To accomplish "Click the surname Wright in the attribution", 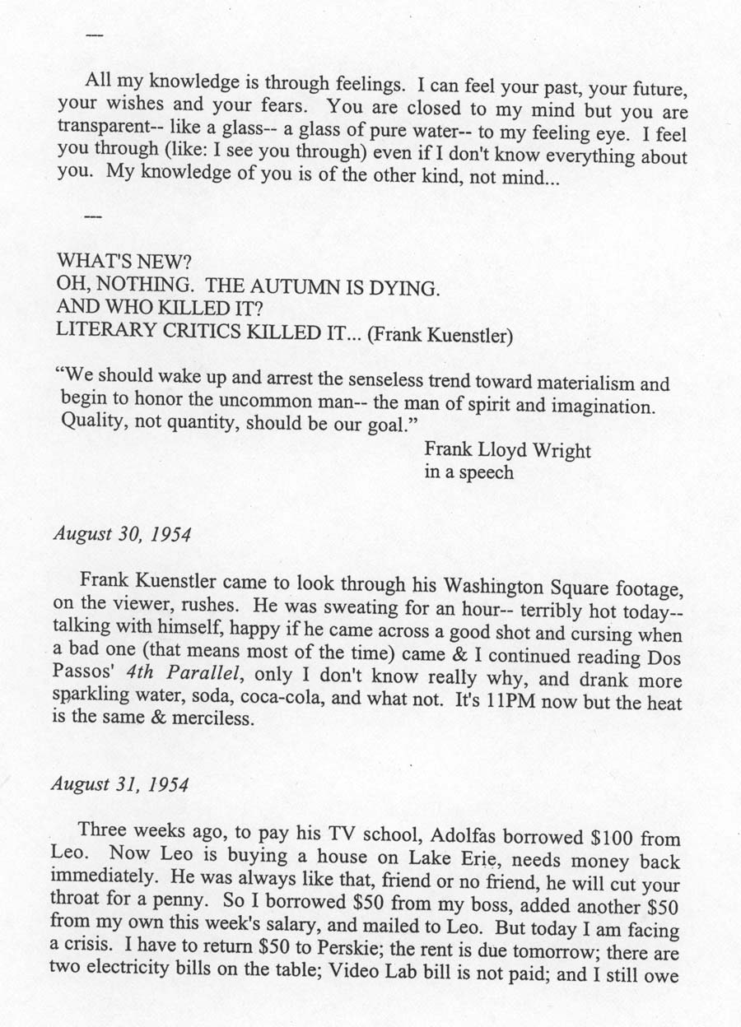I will tap(564, 451).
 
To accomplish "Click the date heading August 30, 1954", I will tap(123, 534).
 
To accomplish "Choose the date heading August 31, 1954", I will tap(120, 783).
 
